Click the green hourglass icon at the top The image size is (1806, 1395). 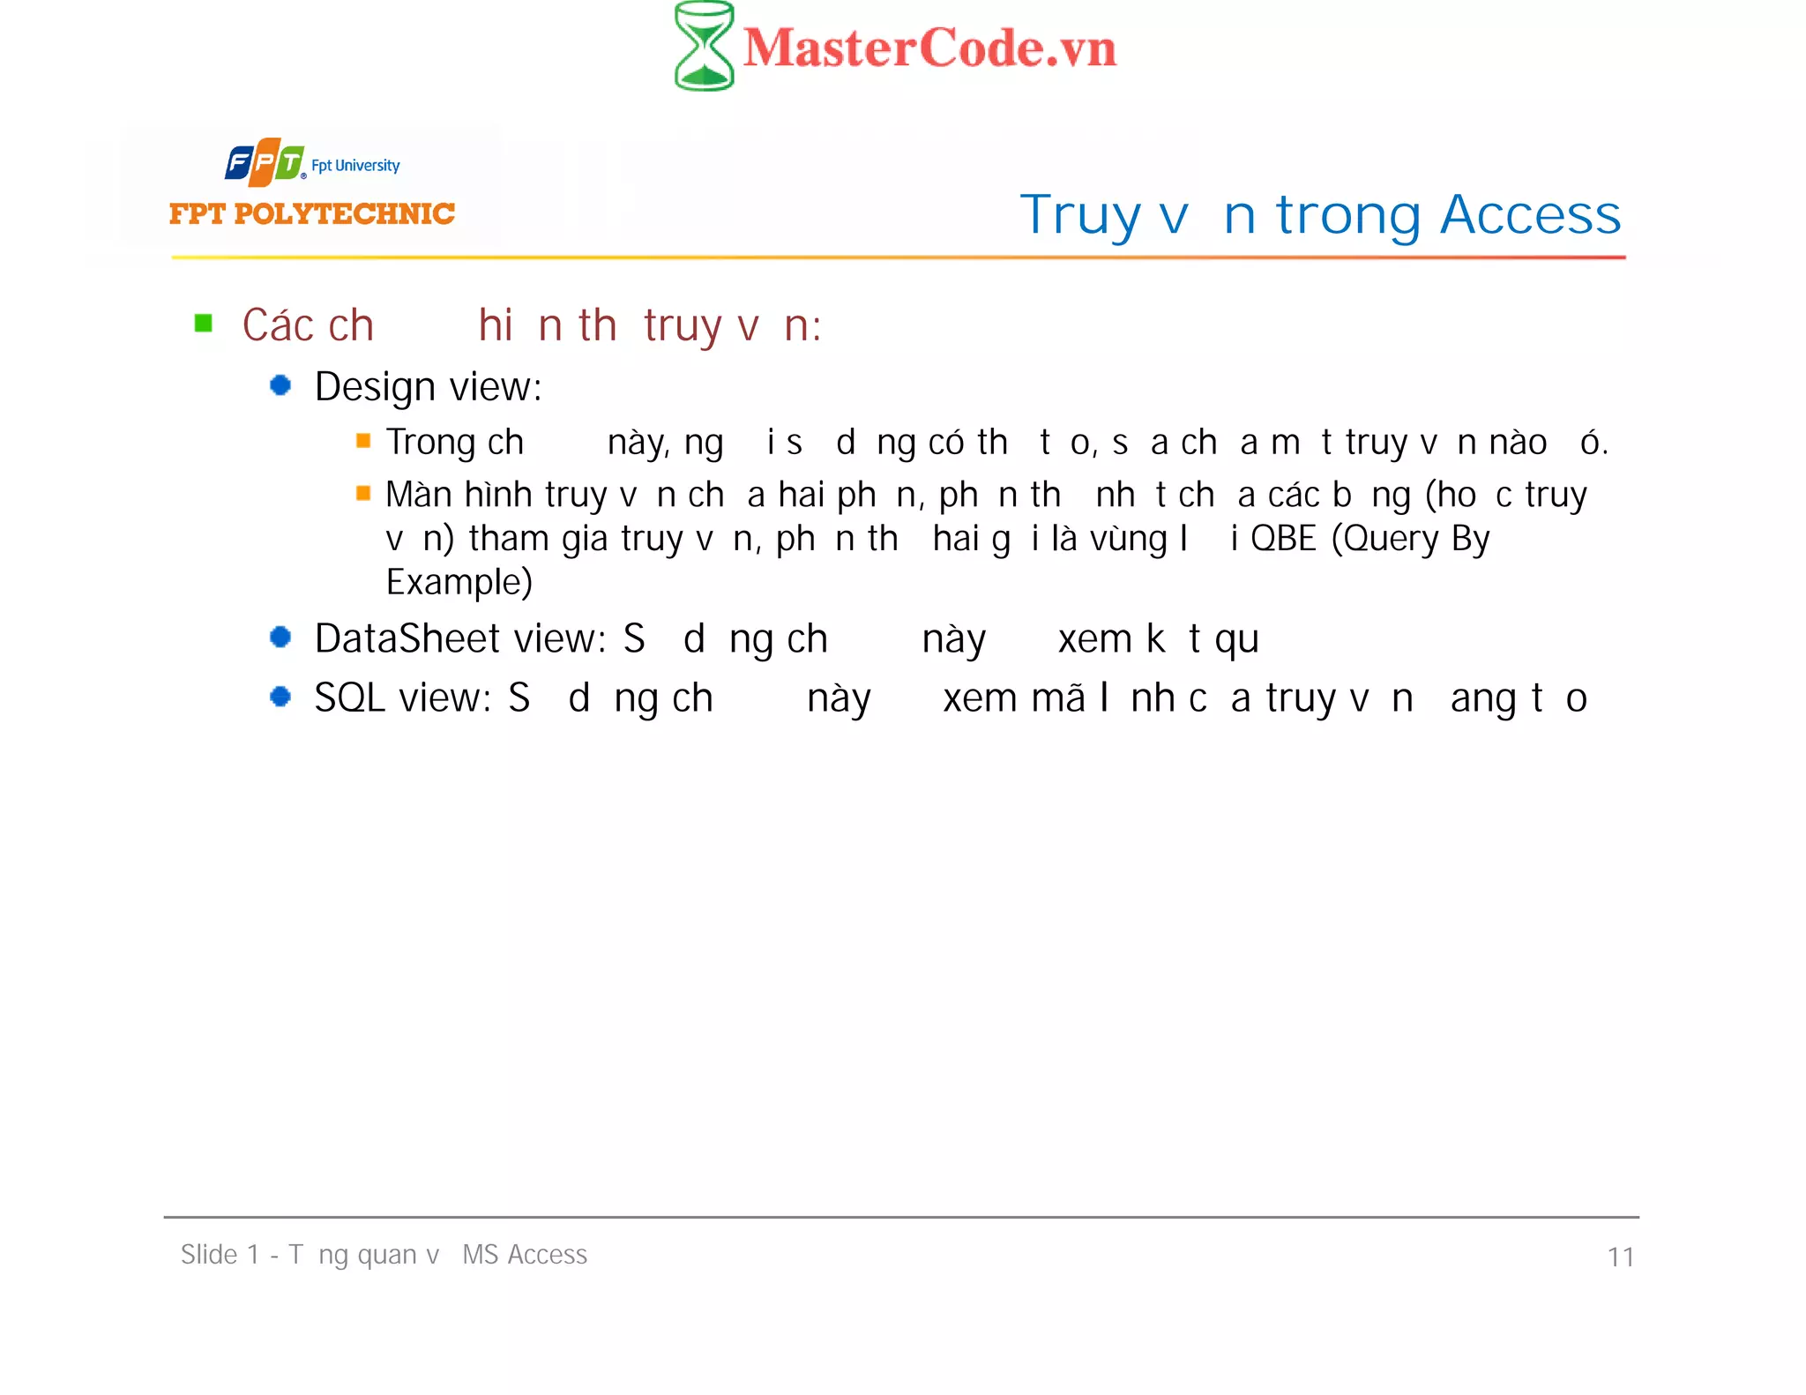click(x=704, y=46)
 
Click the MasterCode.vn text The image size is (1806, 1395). click(x=929, y=48)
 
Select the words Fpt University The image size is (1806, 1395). click(x=355, y=166)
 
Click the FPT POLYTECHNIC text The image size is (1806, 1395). click(x=312, y=213)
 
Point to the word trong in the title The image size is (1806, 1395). click(x=1348, y=216)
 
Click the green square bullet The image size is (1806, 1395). click(x=204, y=324)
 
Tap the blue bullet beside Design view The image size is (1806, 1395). click(x=280, y=385)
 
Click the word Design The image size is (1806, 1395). click(x=375, y=387)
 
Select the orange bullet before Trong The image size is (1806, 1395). click(x=363, y=441)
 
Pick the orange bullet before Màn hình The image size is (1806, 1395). click(x=363, y=493)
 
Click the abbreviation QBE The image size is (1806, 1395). click(x=1283, y=539)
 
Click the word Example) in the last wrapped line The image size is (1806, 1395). click(x=459, y=582)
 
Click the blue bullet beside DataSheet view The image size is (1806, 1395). click(x=280, y=637)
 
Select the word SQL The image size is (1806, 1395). click(x=351, y=698)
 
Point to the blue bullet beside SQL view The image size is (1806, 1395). click(x=280, y=697)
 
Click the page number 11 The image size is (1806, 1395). click(x=1620, y=1257)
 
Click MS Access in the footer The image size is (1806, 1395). click(x=525, y=1254)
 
